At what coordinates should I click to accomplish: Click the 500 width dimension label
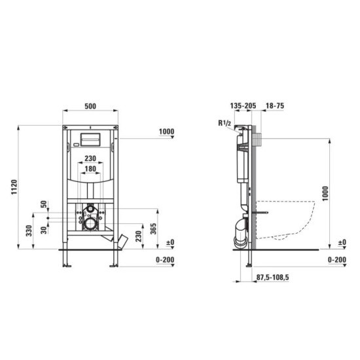[90, 106]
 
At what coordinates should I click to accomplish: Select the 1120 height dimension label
[14, 187]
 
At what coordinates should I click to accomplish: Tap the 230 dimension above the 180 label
[90, 158]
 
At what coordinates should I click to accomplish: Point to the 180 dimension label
[90, 169]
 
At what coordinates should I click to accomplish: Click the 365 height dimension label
[153, 228]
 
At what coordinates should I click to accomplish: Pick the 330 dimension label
[29, 231]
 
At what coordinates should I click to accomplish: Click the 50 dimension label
[44, 204]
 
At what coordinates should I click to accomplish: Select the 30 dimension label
[44, 230]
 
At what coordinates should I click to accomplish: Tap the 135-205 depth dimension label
[243, 106]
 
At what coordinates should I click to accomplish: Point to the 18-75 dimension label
[275, 106]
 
